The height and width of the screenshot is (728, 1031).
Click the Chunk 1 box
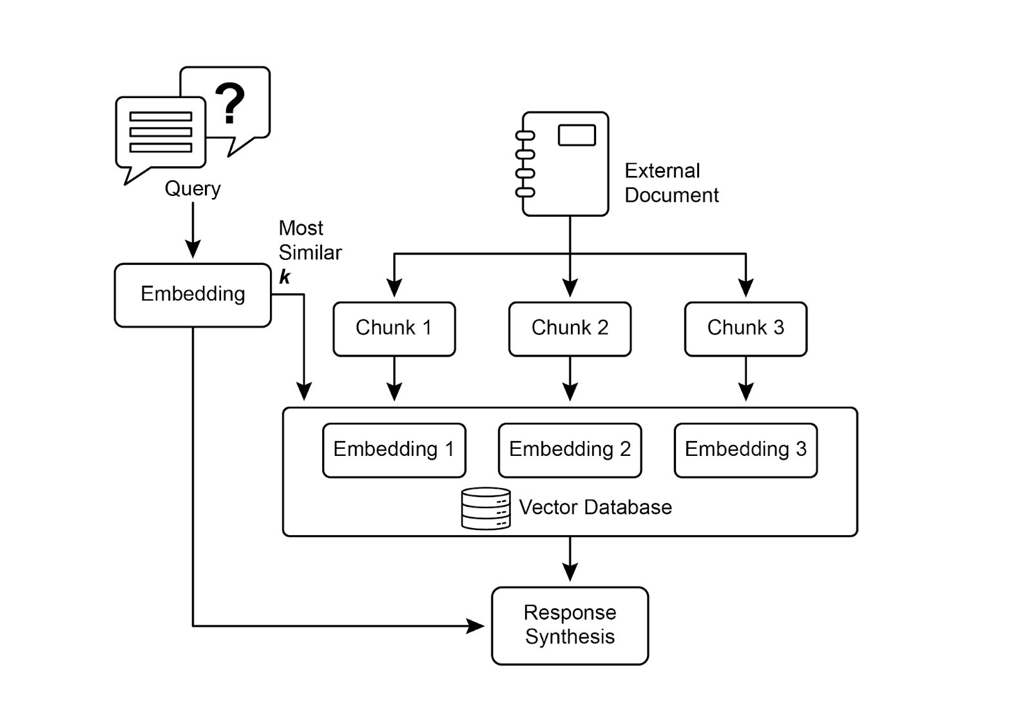tap(394, 328)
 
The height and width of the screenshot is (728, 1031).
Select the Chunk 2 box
tap(570, 328)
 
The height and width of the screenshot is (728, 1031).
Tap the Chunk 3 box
tap(746, 328)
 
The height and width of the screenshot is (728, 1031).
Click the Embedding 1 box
tap(394, 449)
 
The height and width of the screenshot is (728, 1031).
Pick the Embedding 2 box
tap(570, 449)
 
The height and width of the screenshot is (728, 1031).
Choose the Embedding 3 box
tap(746, 449)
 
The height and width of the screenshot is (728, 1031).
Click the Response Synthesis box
tap(570, 625)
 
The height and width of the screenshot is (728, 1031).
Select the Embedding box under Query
tap(193, 295)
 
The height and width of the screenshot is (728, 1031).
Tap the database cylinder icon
tap(486, 508)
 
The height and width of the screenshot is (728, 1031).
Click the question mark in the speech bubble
tap(230, 103)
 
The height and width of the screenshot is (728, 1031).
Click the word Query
tap(193, 188)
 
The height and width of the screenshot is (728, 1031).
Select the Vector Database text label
tap(595, 507)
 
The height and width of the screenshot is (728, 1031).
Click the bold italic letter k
tap(284, 277)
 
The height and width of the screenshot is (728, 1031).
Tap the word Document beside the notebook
tap(671, 195)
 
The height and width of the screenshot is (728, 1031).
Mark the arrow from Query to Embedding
tap(193, 231)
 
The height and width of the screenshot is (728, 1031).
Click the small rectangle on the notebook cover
tap(577, 135)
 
